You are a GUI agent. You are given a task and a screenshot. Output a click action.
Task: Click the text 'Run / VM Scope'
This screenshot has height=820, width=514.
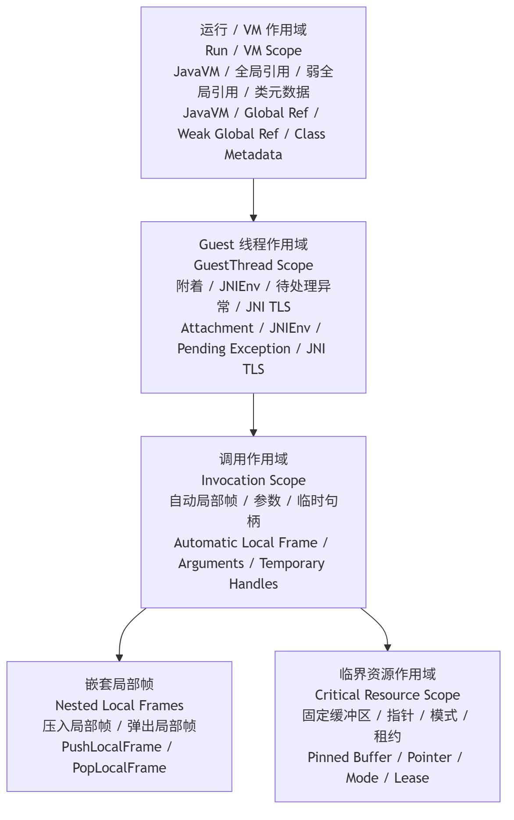point(253,51)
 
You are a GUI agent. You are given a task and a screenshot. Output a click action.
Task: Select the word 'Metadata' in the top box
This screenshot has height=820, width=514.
point(253,155)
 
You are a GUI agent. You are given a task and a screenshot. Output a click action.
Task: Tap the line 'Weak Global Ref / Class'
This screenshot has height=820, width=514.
point(251,134)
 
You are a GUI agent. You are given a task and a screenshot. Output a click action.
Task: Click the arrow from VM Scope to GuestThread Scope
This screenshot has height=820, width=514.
point(253,200)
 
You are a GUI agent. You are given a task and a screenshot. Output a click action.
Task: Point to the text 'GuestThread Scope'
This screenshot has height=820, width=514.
point(253,266)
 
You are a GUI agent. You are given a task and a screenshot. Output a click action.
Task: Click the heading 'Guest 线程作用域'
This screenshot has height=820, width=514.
point(253,245)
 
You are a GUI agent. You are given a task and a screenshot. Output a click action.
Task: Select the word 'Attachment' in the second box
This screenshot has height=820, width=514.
point(217,328)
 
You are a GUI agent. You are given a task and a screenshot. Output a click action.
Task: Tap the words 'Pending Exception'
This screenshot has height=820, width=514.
point(234,349)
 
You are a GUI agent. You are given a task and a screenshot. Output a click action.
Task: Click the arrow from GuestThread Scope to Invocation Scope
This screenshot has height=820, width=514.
point(253,415)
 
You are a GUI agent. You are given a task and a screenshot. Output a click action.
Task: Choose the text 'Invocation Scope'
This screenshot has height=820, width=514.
point(253,481)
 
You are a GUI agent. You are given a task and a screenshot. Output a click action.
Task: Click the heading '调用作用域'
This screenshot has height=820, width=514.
point(253,459)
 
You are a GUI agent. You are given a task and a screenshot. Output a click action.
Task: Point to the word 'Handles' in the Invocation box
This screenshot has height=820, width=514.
point(253,584)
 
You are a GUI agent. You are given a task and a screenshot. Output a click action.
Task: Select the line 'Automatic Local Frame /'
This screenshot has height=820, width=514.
point(251,543)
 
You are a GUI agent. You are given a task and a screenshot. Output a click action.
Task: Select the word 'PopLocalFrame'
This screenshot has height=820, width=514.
point(119,768)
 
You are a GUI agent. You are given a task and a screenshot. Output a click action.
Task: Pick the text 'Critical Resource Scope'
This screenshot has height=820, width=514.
point(388,695)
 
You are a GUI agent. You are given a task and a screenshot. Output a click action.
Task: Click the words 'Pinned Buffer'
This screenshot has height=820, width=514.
point(350,758)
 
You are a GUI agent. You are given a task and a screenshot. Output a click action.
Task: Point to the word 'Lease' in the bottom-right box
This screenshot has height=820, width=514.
point(412,778)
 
